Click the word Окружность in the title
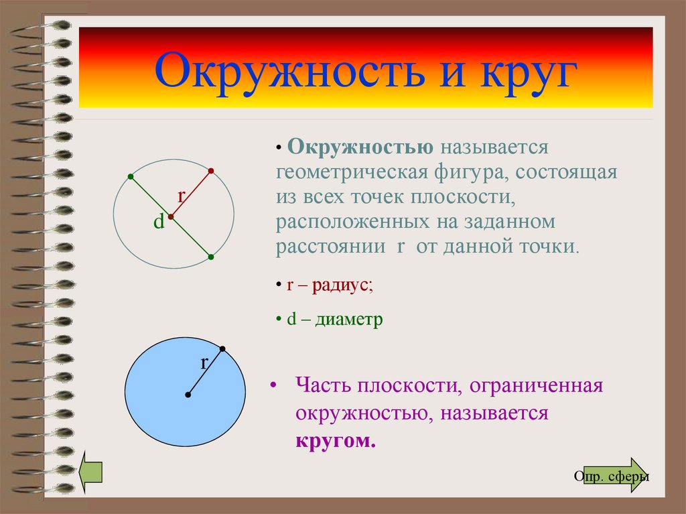tap(289, 71)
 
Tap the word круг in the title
tap(528, 72)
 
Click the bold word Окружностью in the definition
tap(360, 147)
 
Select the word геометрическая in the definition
tap(352, 172)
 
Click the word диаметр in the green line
tap(349, 320)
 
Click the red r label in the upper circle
tap(182, 196)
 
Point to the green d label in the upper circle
tap(159, 222)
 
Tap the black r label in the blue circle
tap(204, 363)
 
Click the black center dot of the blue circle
tap(188, 395)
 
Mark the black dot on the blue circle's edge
tap(222, 349)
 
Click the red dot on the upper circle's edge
tap(211, 171)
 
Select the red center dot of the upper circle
tap(171, 216)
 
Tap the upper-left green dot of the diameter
tap(131, 176)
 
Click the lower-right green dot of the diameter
tap(211, 257)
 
